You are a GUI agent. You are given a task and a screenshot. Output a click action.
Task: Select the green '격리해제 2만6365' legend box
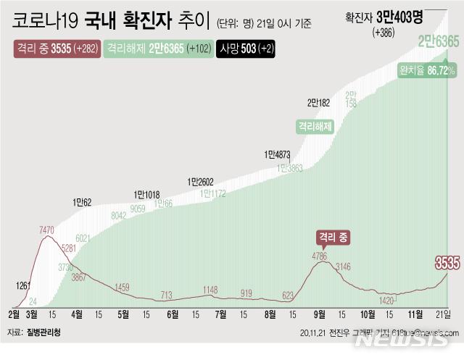[x=155, y=49]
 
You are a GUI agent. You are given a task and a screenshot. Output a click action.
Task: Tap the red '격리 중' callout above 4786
[x=333, y=237]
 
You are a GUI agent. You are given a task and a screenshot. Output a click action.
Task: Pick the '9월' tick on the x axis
[x=318, y=314]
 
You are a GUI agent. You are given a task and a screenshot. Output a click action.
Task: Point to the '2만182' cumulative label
[x=319, y=102]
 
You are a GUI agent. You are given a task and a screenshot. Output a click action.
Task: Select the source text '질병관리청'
[x=44, y=332]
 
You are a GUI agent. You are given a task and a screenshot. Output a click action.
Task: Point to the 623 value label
[x=288, y=295]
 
